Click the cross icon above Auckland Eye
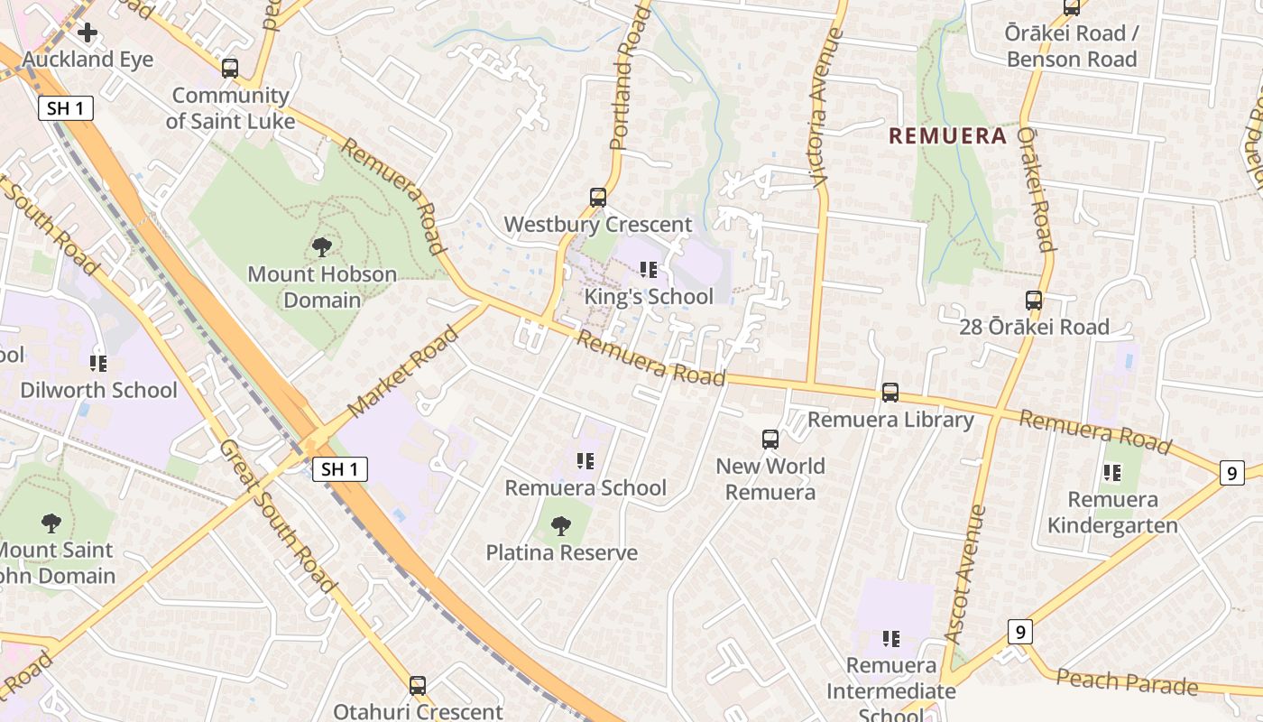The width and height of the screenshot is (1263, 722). [x=88, y=33]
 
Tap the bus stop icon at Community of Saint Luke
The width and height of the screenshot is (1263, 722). [x=230, y=69]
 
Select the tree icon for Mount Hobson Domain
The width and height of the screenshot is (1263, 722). [x=321, y=247]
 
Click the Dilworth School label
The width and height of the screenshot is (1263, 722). [x=98, y=390]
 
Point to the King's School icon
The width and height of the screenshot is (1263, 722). [x=648, y=270]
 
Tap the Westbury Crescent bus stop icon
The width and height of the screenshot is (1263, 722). [x=597, y=198]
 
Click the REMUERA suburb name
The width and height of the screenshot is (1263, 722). [x=947, y=136]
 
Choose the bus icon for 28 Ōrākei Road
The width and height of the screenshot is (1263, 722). [x=1034, y=301]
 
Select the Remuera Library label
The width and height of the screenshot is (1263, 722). [x=890, y=420]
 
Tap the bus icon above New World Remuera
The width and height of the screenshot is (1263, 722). [x=770, y=440]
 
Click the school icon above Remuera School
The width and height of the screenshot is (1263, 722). [x=585, y=461]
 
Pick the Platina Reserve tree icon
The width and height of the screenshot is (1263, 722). [x=561, y=525]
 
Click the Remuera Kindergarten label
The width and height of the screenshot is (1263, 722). [x=1112, y=513]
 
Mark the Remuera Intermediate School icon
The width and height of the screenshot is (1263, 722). [x=891, y=639]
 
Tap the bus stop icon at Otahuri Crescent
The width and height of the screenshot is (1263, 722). [x=418, y=686]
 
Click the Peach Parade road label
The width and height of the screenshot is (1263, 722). [x=1127, y=682]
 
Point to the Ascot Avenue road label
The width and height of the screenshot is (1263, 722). [x=966, y=574]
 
